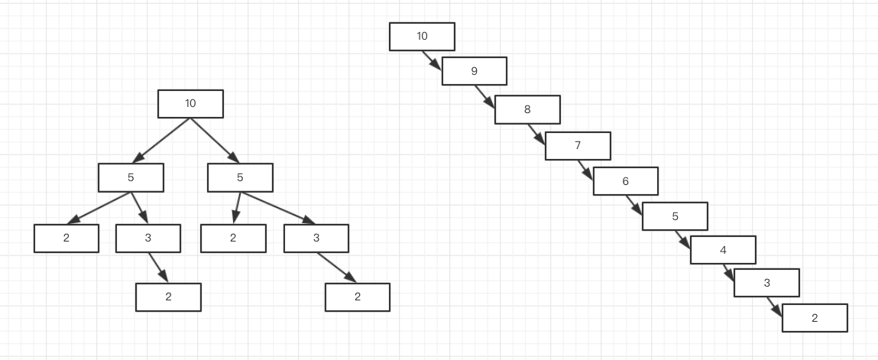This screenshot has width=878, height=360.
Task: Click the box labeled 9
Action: pos(475,71)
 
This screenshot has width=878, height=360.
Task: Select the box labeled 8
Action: pos(527,110)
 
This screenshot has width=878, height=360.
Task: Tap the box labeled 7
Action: pos(578,145)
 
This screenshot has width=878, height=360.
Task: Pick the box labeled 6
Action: pos(626,181)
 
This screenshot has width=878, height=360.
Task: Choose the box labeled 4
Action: pos(723,250)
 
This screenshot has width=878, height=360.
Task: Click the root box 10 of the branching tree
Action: pos(190,104)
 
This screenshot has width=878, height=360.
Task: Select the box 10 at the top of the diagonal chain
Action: pos(423,37)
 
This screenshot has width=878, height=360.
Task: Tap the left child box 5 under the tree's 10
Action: pos(131,177)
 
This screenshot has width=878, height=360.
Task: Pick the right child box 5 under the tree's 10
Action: pos(240,177)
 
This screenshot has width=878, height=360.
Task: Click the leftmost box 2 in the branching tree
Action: pos(66,238)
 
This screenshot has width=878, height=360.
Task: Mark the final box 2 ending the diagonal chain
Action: pos(815,318)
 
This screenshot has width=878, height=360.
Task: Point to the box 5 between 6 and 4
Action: pos(675,216)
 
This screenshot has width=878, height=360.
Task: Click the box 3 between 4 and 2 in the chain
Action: pos(766,283)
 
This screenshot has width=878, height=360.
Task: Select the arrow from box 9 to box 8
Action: pos(485,96)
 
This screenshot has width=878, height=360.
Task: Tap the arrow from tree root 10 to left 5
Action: pos(161,141)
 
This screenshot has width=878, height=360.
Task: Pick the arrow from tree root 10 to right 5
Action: pos(215,141)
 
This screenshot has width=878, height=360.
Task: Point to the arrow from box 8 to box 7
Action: pos(536,135)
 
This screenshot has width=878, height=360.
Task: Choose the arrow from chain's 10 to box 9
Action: pos(432,60)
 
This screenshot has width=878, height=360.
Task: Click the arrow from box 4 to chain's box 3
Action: pos(728,273)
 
